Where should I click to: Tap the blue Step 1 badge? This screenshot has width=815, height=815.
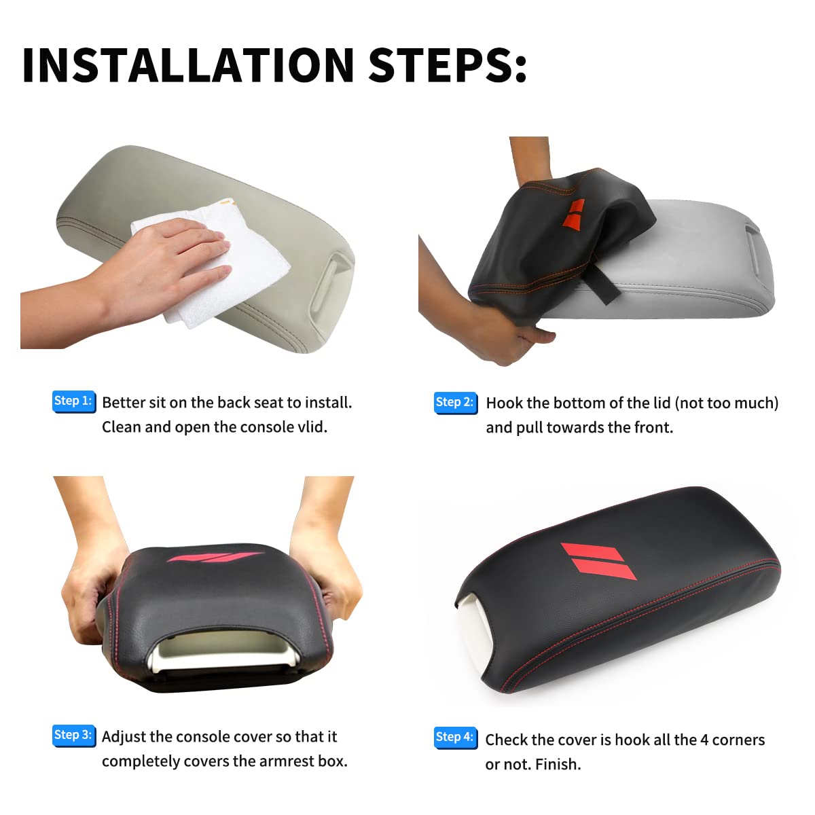(73, 401)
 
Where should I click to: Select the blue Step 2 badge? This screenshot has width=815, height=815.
(455, 402)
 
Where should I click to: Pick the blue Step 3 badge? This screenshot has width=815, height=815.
(73, 735)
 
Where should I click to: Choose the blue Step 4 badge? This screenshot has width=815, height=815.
(455, 737)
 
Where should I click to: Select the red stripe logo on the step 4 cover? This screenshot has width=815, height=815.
(598, 561)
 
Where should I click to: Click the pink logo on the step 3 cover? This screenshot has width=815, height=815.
(215, 558)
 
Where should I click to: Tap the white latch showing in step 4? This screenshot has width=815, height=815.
(473, 627)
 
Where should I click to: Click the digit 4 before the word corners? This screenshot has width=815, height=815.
(704, 740)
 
